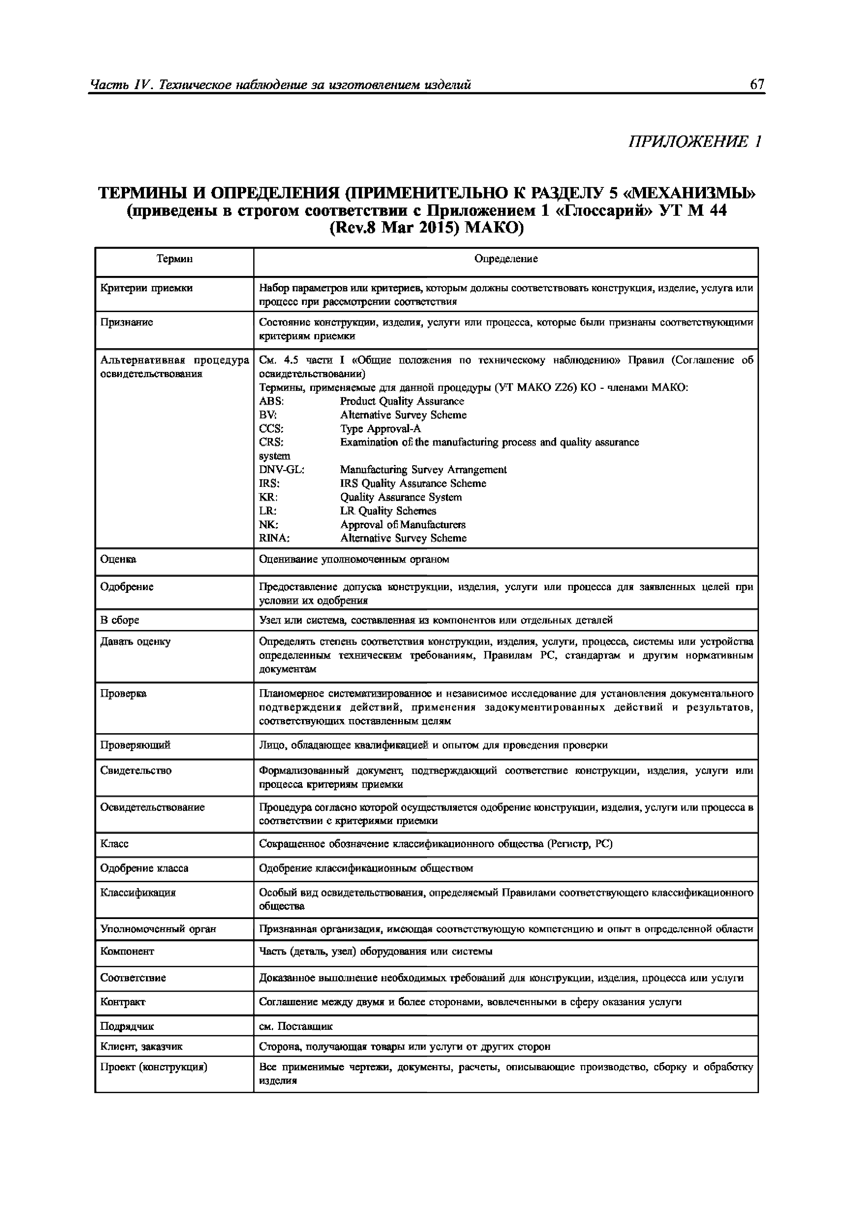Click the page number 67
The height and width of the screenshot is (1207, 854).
[757, 84]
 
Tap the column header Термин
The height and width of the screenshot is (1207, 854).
[174, 259]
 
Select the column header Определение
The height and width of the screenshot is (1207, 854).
[506, 259]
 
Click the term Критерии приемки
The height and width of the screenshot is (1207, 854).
[146, 288]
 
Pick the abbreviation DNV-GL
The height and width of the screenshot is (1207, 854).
[281, 469]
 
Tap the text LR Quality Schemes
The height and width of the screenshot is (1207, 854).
[388, 511]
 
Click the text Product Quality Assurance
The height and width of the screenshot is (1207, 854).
[402, 401]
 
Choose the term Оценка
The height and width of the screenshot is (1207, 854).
[118, 559]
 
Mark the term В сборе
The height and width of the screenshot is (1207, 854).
[119, 620]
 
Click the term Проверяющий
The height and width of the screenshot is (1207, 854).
[135, 745]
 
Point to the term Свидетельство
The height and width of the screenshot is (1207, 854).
[136, 771]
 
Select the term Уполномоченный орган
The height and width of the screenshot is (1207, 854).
[158, 929]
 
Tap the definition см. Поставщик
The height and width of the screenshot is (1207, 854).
[296, 1026]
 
